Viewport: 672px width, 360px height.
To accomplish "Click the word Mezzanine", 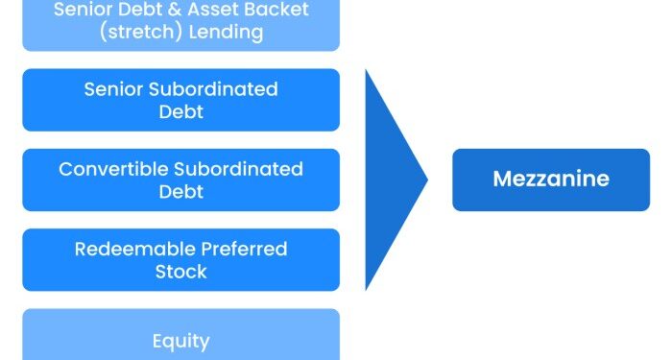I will pos(551,180).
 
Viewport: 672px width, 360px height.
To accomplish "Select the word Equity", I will pos(180,341).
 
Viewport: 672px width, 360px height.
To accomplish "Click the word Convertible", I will pos(112,170).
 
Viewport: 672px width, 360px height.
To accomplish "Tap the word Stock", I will pos(180,272).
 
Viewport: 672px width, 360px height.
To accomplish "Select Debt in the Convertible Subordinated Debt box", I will pos(180,191).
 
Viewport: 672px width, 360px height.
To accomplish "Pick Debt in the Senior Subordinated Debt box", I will pos(180,111).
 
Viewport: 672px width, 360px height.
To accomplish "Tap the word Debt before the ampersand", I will pos(139,10).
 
